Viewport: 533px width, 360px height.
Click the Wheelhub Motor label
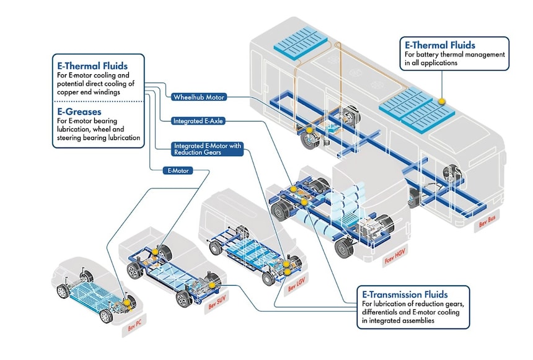point(199,97)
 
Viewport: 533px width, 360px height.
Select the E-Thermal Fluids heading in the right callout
point(440,45)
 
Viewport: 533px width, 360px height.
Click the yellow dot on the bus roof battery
point(442,99)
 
